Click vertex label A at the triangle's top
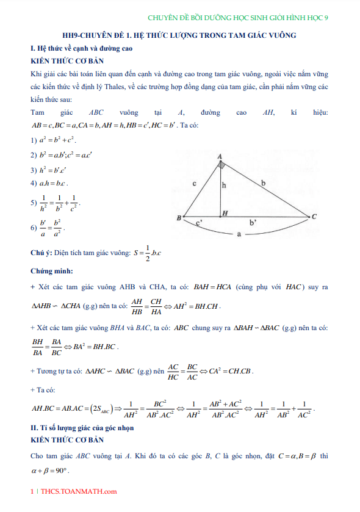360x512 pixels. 219,157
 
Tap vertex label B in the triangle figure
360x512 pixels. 179,218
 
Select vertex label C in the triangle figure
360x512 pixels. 314,217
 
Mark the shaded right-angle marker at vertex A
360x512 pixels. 222,165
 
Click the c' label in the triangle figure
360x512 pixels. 199,224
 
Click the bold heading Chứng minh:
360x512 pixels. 52,270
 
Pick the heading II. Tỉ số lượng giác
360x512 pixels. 82,428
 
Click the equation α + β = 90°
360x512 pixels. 49,471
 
